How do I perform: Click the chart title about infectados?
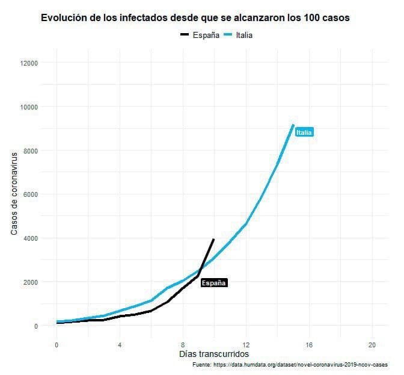pos(195,18)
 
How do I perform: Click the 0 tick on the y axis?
pos(36,326)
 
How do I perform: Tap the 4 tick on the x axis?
pos(120,345)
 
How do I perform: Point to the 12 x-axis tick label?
pos(246,345)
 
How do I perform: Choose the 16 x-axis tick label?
pos(309,345)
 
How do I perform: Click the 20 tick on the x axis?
pos(372,345)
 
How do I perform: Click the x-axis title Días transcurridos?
pos(214,355)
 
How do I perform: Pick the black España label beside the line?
pos(214,282)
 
